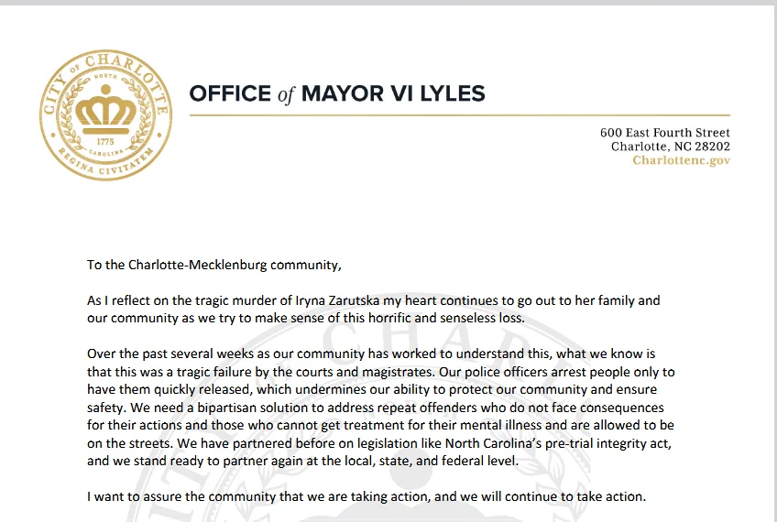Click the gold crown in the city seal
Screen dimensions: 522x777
(x=105, y=112)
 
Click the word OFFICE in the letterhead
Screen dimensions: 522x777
(x=230, y=93)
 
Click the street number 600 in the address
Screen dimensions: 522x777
(x=613, y=133)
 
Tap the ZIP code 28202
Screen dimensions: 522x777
(x=708, y=147)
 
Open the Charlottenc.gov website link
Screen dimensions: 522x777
(x=681, y=160)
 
